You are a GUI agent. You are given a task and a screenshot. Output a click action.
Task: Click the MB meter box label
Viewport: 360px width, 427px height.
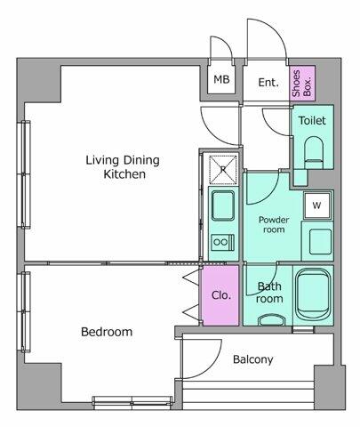(x=220, y=81)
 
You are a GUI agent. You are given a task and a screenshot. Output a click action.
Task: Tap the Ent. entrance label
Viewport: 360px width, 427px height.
(x=268, y=82)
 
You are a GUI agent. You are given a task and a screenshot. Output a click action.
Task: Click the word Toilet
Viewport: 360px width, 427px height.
(x=311, y=120)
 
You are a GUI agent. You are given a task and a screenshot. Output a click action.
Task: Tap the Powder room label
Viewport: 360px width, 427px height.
(x=271, y=223)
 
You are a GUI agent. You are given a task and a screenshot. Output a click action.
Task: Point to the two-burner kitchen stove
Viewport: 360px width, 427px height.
(x=221, y=241)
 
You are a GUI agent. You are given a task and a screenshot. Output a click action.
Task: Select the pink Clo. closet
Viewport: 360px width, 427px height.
(x=221, y=295)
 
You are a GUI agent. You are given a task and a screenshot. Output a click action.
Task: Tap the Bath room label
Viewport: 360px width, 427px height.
(x=269, y=293)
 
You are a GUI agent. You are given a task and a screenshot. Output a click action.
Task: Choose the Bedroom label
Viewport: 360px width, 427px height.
(x=107, y=332)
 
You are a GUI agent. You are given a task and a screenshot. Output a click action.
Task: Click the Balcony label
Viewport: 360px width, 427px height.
(x=253, y=359)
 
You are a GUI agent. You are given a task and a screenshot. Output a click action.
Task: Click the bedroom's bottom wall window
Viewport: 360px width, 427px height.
(x=132, y=400)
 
